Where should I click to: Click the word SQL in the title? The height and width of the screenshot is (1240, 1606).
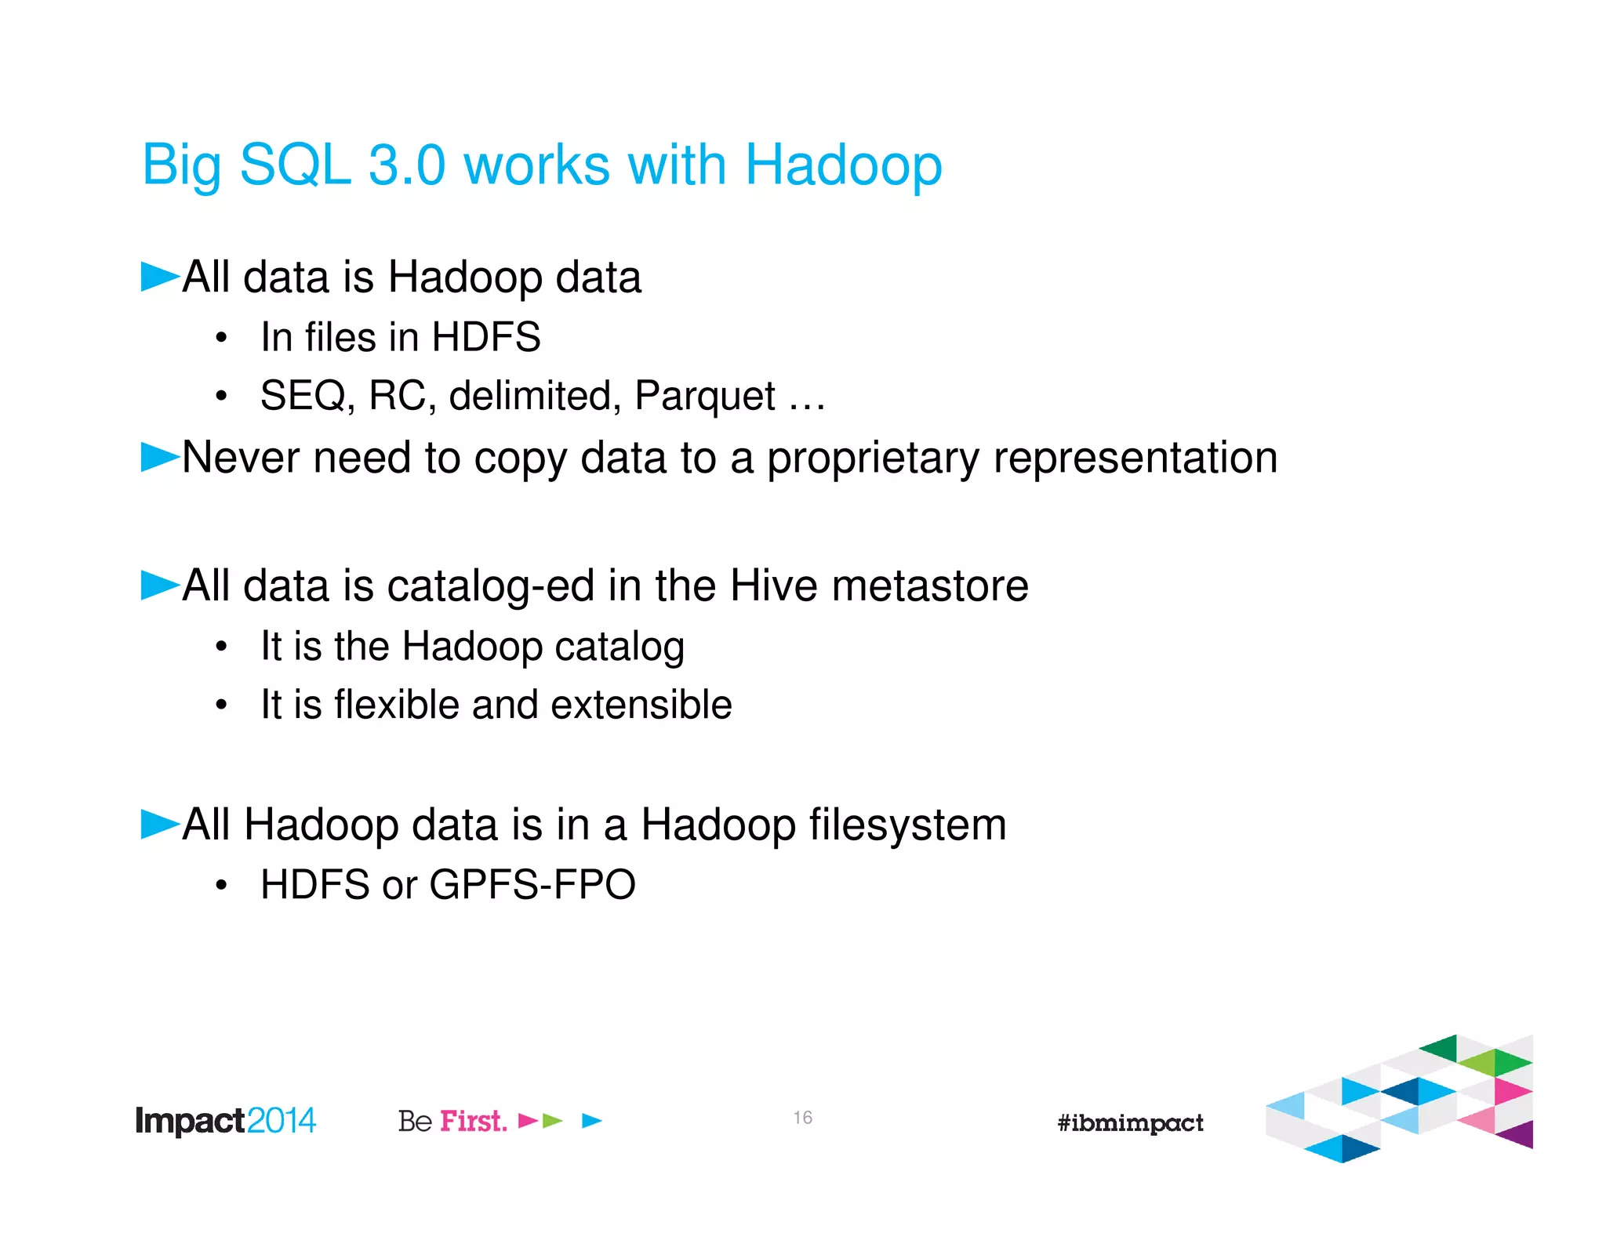pos(295,165)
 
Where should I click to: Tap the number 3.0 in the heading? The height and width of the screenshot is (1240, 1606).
pos(407,165)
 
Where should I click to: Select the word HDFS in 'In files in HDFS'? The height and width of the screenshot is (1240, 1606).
pos(486,337)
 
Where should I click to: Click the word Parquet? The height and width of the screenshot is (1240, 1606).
pos(705,397)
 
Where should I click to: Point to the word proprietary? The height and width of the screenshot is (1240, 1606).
pos(873,459)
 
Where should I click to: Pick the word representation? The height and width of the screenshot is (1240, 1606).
pos(1135,459)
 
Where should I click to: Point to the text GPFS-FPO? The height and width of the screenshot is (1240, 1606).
pos(532,885)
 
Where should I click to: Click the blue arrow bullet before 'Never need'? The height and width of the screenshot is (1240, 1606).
pos(160,456)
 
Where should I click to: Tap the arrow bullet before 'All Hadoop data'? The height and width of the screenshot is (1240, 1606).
pos(160,824)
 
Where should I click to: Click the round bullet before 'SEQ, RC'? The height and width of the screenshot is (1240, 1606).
pos(222,397)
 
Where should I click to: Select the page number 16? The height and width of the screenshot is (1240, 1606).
pos(802,1118)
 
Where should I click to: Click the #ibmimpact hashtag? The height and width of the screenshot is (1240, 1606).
pos(1130,1122)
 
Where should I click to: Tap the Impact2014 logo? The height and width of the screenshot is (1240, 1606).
pos(225,1121)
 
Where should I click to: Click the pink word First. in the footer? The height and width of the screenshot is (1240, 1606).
pos(473,1121)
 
